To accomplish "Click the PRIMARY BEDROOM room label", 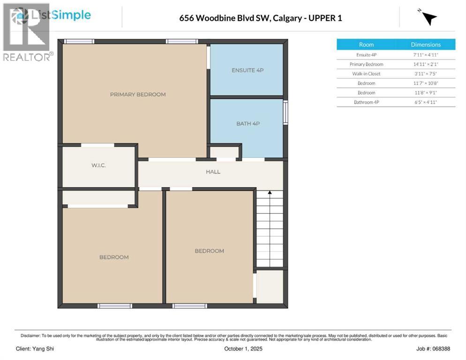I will pyautogui.click(x=138, y=95).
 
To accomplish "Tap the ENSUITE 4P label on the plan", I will pyautogui.click(x=248, y=70).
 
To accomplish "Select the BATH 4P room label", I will pyautogui.click(x=248, y=124).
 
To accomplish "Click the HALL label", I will pyautogui.click(x=213, y=172).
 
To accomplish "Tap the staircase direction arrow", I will pyautogui.click(x=270, y=193).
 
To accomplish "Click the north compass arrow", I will pyautogui.click(x=428, y=18).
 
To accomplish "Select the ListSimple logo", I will pyautogui.click(x=52, y=15).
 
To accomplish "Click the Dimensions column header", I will pyautogui.click(x=426, y=45).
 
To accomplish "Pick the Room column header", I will pyautogui.click(x=366, y=45).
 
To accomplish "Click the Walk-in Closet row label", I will pyautogui.click(x=366, y=74).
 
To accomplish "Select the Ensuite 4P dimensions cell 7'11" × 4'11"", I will pyautogui.click(x=426, y=55).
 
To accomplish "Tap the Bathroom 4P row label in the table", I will pyautogui.click(x=366, y=102).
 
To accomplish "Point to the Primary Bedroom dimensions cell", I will pyautogui.click(x=426, y=64).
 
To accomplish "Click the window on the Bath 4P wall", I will pyautogui.click(x=285, y=113).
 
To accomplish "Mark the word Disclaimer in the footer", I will pyautogui.click(x=30, y=336).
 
